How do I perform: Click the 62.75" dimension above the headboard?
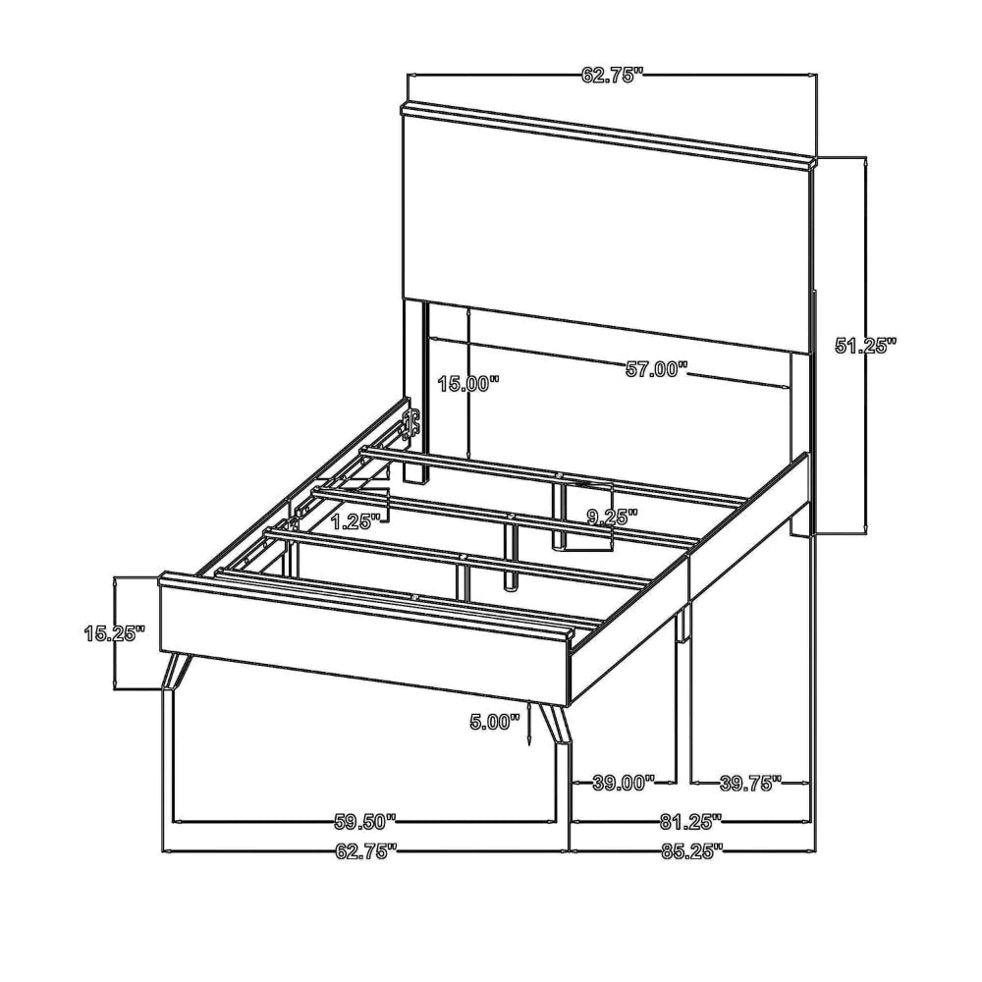point(613,76)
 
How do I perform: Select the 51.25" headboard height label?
point(866,345)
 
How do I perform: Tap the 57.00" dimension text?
point(656,369)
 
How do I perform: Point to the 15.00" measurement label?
point(468,383)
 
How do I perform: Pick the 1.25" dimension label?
point(355,521)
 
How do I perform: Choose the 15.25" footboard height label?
point(115,633)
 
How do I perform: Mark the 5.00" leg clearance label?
point(495,722)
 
